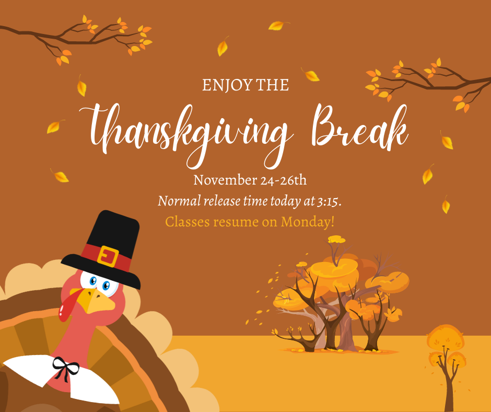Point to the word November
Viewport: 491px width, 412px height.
click(225, 180)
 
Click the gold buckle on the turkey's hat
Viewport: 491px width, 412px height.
click(108, 256)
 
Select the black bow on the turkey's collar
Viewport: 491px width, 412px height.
click(65, 369)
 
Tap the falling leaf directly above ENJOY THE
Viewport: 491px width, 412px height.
click(223, 46)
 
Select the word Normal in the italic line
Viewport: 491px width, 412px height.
click(179, 201)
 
